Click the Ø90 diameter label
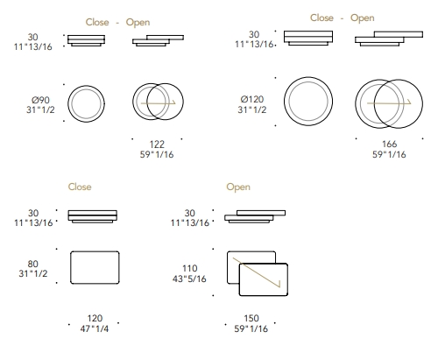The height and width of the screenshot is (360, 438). pos(40,100)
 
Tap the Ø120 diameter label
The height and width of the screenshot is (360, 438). pos(252,99)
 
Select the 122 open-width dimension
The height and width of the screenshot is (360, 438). pos(157,145)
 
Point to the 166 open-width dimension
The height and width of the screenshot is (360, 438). pos(389,144)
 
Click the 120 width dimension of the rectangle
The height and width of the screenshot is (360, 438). pos(95,318)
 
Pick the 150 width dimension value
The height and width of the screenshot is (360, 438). pos(251,318)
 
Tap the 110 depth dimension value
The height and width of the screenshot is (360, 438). pos(190,268)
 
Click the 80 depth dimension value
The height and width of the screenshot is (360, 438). pos(33,264)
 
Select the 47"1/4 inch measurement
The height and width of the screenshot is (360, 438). pos(95,328)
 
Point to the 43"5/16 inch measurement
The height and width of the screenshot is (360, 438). pos(189,279)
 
